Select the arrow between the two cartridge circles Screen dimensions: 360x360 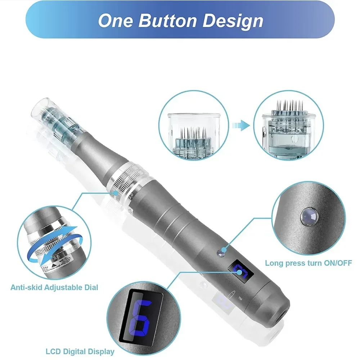pyautogui.click(x=242, y=126)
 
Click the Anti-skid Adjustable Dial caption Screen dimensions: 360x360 pyautogui.click(x=54, y=287)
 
